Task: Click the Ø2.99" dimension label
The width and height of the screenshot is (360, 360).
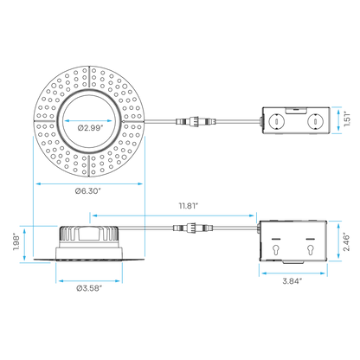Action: click(x=90, y=128)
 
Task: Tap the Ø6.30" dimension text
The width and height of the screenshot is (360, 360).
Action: click(x=88, y=191)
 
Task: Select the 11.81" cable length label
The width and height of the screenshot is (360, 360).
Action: click(x=189, y=206)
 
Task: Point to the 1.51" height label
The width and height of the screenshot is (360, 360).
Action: click(x=347, y=119)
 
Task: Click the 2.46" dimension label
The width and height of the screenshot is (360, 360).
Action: click(x=346, y=241)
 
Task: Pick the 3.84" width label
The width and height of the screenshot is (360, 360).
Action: click(x=292, y=281)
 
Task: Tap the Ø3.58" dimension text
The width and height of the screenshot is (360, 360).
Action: click(x=89, y=288)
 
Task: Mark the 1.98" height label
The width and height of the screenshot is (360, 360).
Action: click(x=16, y=243)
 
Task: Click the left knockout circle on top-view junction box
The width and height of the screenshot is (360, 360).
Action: click(x=276, y=121)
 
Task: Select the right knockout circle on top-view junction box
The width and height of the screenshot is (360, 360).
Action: click(x=315, y=121)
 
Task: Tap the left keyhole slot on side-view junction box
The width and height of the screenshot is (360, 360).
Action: click(x=276, y=250)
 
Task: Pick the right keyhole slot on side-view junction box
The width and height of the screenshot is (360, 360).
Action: click(x=310, y=250)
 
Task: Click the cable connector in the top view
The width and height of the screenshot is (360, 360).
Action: click(x=196, y=120)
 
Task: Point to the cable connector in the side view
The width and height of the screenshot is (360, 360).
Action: click(x=193, y=228)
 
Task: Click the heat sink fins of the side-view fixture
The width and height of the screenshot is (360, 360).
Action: click(x=88, y=233)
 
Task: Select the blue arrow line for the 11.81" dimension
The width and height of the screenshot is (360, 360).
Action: click(x=173, y=215)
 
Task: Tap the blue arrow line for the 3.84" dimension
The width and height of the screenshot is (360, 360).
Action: click(x=293, y=273)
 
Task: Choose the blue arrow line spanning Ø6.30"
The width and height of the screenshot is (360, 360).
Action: click(x=89, y=183)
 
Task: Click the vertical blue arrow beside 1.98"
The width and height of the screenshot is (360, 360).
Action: click(x=25, y=245)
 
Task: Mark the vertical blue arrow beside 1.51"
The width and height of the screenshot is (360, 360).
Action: click(x=338, y=120)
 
